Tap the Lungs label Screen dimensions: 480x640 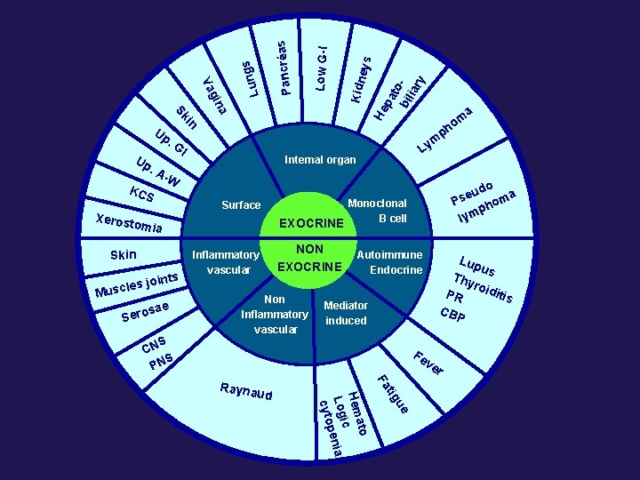pos(252,77)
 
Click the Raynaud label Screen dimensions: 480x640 pos(245,392)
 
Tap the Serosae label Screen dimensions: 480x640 pos(145,312)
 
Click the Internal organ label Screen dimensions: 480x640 pos(320,160)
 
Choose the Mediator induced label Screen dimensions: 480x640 pos(346,313)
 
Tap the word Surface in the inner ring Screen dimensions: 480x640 pos(241,205)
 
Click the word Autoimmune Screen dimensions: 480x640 pos(389,255)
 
